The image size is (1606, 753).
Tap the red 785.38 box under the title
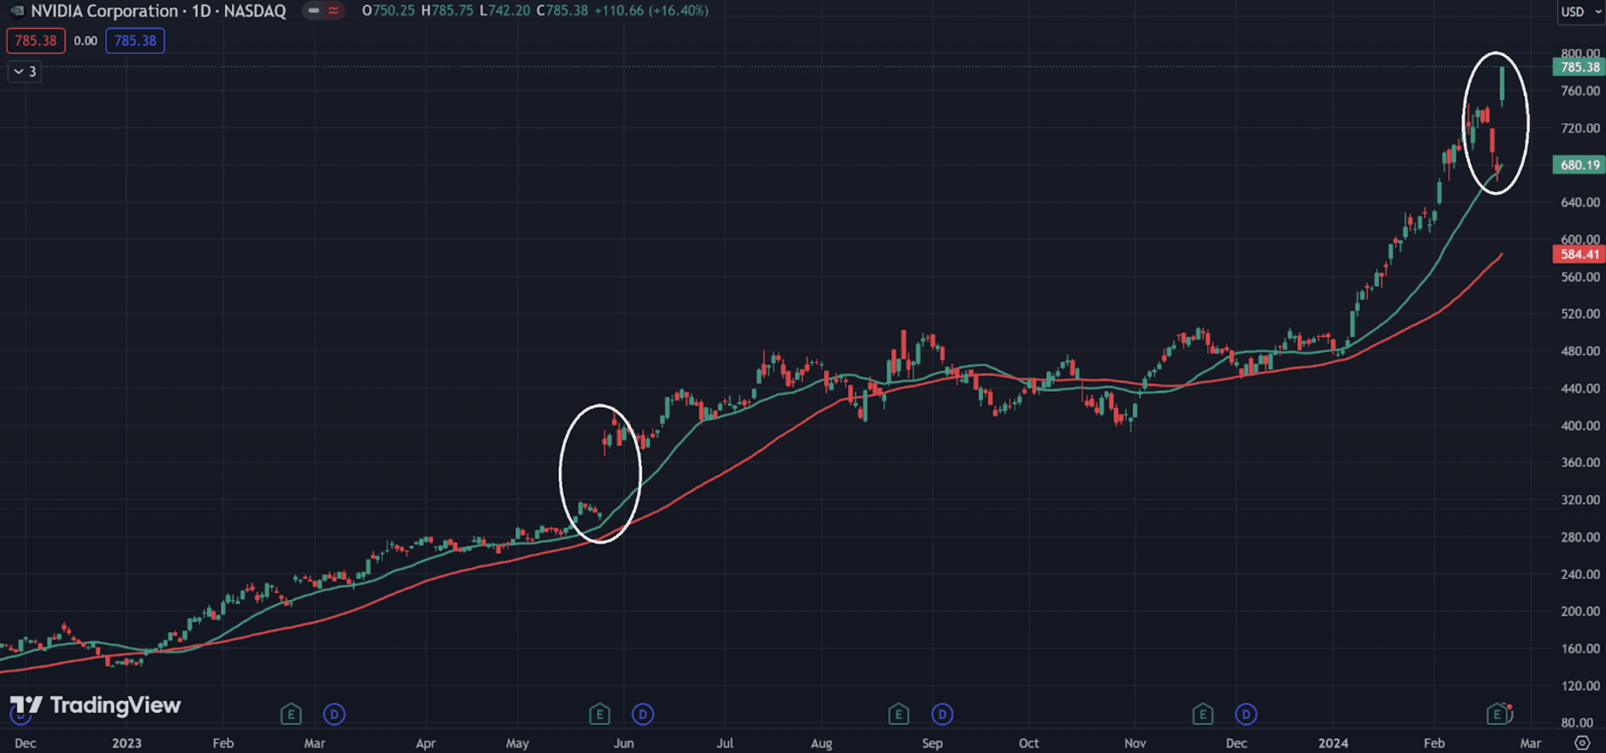(36, 41)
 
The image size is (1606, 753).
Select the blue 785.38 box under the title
(135, 41)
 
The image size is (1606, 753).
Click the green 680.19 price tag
(1579, 165)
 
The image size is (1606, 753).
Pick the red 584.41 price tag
(1579, 254)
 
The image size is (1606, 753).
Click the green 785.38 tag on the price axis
(1579, 67)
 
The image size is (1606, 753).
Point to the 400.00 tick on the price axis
(1580, 425)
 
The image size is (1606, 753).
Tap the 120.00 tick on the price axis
(1580, 686)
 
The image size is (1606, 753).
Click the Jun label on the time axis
(623, 743)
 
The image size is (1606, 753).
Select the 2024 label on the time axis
(1333, 743)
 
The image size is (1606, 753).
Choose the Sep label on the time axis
(932, 743)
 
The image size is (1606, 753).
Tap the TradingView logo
(95, 705)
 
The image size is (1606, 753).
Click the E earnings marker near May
(599, 714)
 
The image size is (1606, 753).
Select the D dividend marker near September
(942, 714)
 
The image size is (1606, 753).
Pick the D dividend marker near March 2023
(334, 714)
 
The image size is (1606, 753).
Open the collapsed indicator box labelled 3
(25, 71)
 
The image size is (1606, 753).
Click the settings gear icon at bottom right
(1583, 743)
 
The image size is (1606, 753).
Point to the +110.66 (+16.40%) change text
(651, 10)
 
